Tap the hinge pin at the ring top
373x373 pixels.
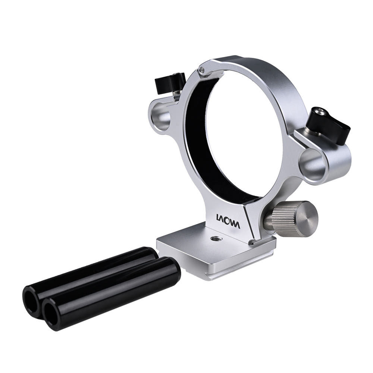click(202, 70)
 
